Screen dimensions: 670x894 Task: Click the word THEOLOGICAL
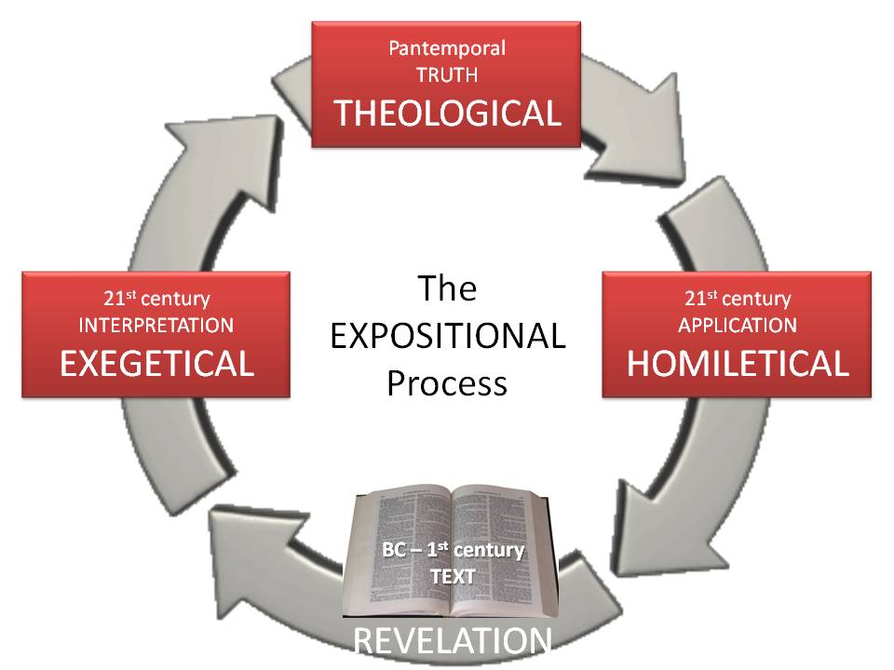click(447, 113)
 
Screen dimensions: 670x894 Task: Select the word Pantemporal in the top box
click(446, 47)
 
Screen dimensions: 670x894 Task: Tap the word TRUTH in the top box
click(446, 76)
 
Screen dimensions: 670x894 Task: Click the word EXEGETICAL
click(156, 363)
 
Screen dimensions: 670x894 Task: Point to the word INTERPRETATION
click(156, 326)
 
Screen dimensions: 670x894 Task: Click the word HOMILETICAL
click(737, 363)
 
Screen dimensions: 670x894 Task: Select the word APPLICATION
click(737, 326)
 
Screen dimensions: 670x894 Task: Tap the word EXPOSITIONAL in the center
click(447, 336)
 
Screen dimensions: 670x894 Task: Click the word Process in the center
click(447, 383)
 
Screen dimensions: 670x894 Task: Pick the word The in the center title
click(447, 288)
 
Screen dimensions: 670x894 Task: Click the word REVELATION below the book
click(451, 640)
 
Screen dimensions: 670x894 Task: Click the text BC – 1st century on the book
click(453, 549)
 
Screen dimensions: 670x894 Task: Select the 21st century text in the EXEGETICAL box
click(156, 300)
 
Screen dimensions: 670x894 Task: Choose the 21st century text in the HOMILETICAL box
click(737, 300)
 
